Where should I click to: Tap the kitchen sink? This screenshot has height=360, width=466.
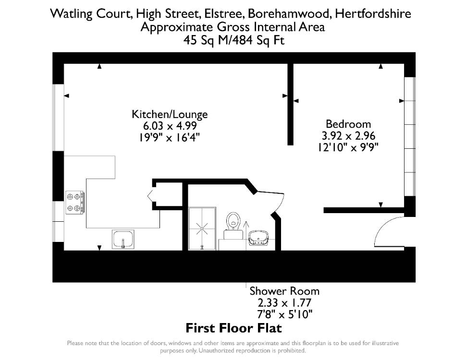[x=123, y=239]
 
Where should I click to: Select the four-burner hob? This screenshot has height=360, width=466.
[x=74, y=202]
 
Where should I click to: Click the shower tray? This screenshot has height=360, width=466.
[x=202, y=228]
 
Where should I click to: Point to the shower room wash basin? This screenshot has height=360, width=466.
[x=258, y=238]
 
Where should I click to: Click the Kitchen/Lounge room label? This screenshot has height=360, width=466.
[x=170, y=114]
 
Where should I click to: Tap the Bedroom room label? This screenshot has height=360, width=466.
[x=348, y=124]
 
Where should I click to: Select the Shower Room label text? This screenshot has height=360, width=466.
[x=284, y=291]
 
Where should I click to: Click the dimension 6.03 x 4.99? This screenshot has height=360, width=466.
[x=170, y=126]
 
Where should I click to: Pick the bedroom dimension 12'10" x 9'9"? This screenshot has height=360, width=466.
[x=348, y=147]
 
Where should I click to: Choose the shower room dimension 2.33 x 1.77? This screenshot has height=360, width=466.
[x=284, y=303]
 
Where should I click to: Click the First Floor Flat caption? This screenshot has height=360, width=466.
[x=233, y=328]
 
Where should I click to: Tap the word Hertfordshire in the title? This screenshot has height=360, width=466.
[x=373, y=13]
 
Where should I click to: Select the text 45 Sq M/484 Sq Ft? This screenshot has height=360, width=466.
[x=234, y=40]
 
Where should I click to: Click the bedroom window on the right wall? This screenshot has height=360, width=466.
[x=410, y=137]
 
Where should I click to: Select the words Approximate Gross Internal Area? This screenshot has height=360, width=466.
[x=233, y=27]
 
